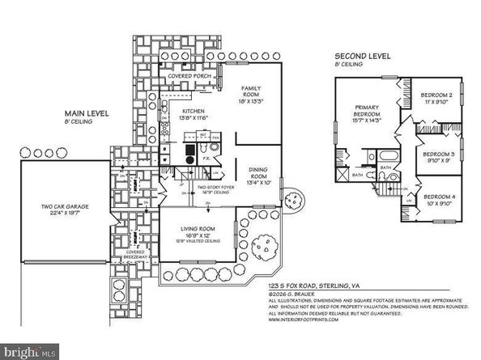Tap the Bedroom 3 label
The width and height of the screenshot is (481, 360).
(438, 155)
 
